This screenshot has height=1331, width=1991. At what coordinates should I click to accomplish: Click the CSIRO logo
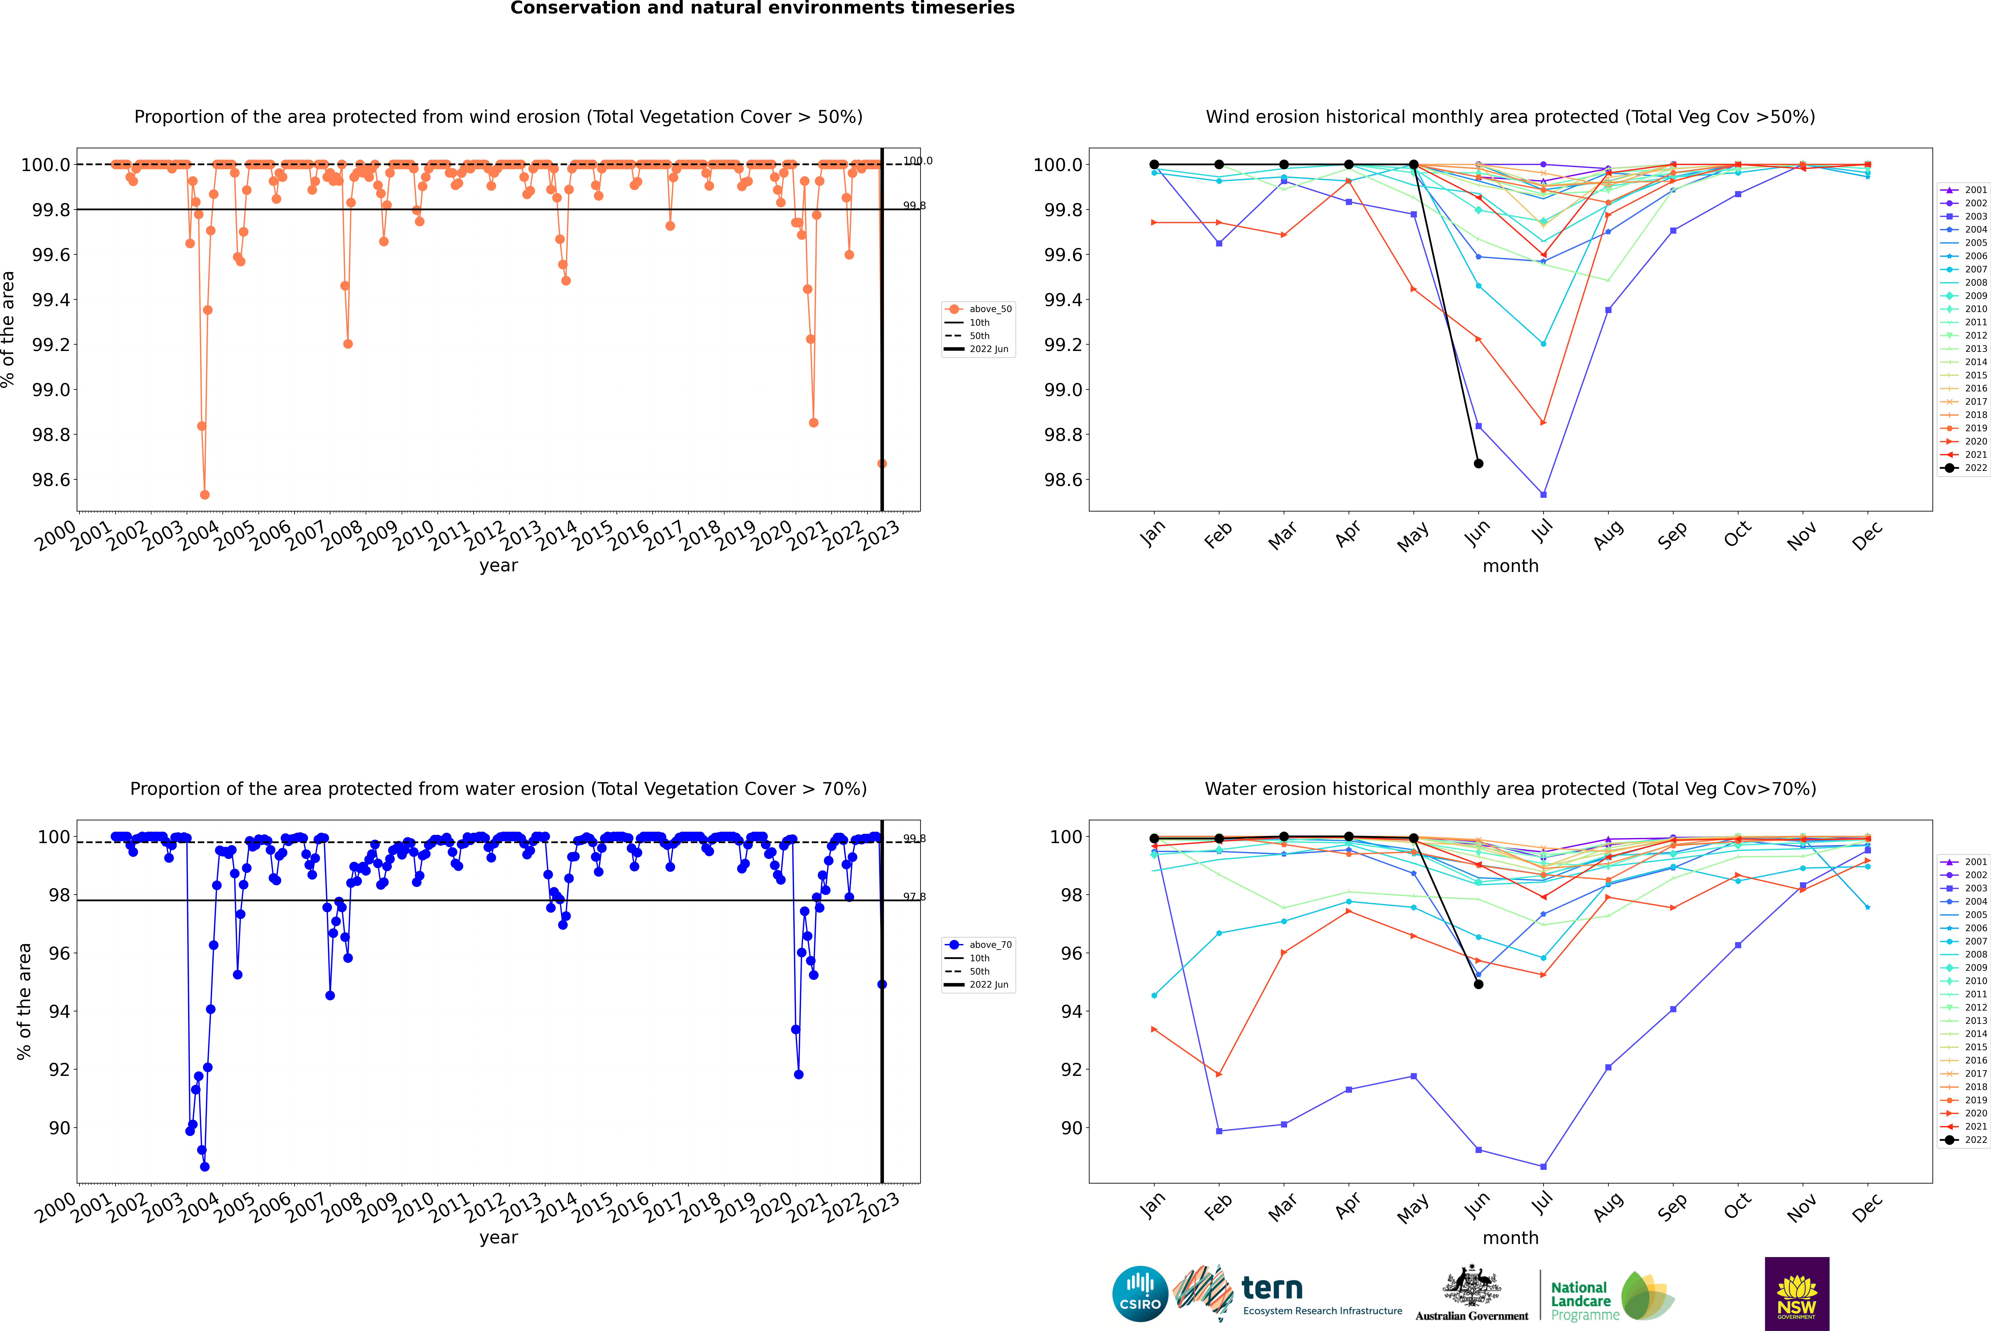[1140, 1294]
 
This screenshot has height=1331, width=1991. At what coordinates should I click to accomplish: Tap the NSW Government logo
[1797, 1294]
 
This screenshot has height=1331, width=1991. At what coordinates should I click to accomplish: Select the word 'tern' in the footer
[1271, 1289]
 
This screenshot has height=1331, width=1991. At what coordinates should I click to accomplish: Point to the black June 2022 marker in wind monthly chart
[1478, 463]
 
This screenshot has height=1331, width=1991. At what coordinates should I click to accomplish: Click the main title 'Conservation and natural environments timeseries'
[762, 8]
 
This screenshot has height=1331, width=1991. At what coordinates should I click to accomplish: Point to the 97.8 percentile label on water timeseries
[914, 897]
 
